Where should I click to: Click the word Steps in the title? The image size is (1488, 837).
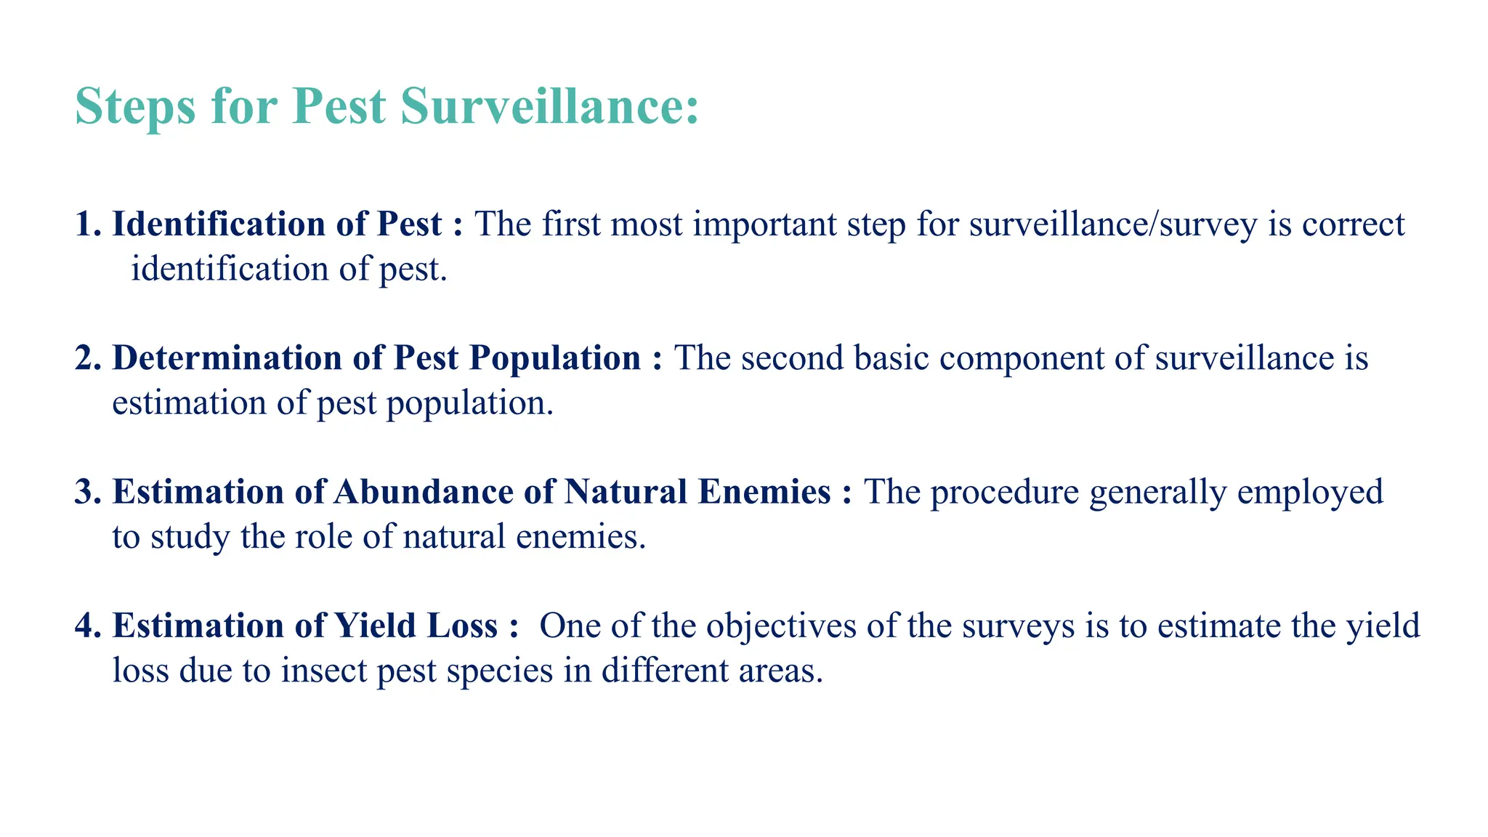click(135, 107)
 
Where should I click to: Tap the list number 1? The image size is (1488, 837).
click(86, 225)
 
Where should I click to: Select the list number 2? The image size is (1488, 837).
click(86, 358)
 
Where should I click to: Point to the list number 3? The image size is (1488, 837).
click(86, 492)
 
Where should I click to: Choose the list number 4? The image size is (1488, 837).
click(86, 626)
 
